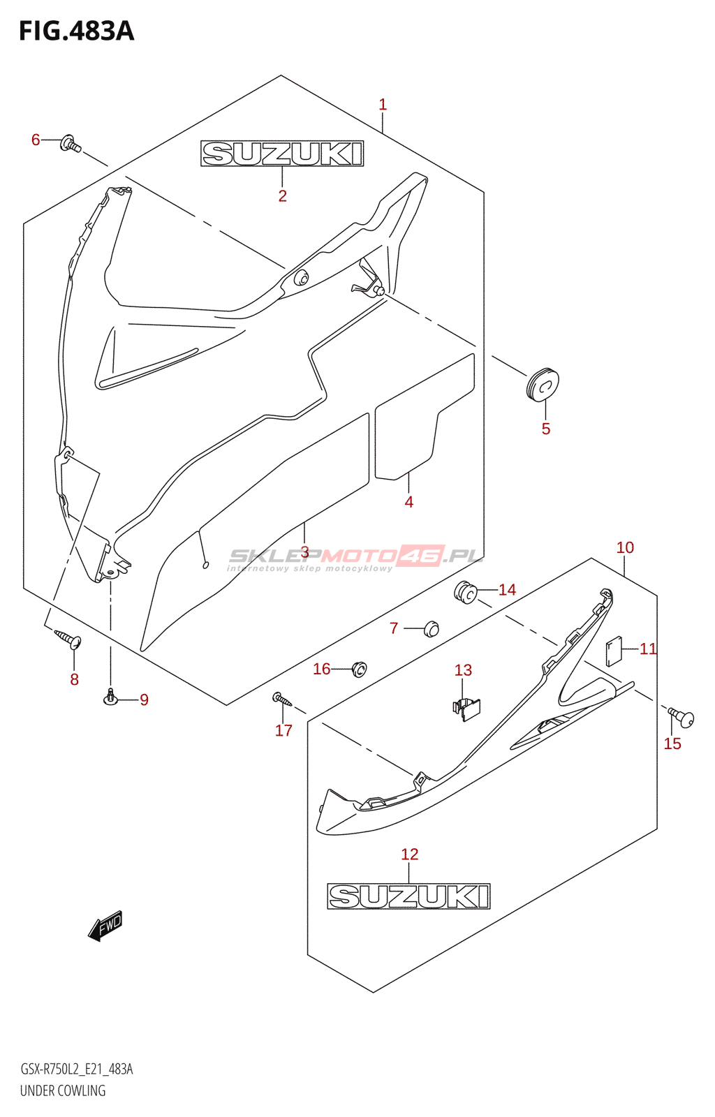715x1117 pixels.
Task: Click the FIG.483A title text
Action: (77, 31)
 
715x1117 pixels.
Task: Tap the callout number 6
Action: (36, 140)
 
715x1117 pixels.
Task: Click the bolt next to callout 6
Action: (71, 144)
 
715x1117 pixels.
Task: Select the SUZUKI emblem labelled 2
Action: (282, 153)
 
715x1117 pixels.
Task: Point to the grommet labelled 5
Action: (542, 384)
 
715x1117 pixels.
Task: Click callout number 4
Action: (409, 502)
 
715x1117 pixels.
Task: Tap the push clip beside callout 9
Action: (111, 697)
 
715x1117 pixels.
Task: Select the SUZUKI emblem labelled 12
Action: (409, 896)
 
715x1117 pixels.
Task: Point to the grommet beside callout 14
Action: (466, 592)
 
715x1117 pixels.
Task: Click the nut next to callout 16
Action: (359, 669)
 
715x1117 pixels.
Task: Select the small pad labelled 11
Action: (614, 651)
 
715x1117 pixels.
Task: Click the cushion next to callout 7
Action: (431, 629)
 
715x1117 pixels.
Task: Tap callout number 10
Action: (625, 547)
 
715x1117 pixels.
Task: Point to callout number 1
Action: (383, 105)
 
